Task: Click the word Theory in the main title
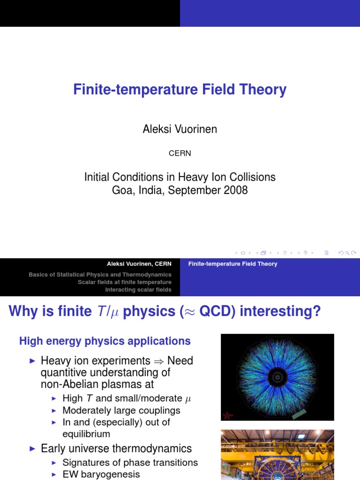264,90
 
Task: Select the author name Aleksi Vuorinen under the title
180,129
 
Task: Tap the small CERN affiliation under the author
180,153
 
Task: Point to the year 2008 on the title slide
235,190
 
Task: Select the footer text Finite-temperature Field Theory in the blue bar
232,264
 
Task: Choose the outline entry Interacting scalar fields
138,290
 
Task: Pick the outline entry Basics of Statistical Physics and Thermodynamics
100,275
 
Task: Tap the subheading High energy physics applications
105,341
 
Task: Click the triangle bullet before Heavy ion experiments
32,361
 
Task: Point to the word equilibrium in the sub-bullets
86,434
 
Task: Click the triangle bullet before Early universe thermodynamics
32,449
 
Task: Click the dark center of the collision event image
277,376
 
